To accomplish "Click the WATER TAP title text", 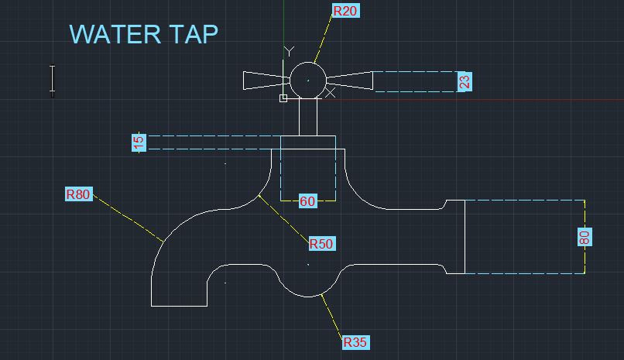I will (x=143, y=34).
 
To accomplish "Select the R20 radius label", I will (x=345, y=11).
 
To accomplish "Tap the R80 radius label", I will (x=78, y=194).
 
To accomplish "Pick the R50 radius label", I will (x=321, y=244).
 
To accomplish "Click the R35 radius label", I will (x=355, y=341).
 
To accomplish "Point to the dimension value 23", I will (x=464, y=82).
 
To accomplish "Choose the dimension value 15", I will (x=139, y=142).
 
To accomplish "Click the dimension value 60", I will (x=307, y=201).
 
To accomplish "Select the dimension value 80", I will (x=585, y=237).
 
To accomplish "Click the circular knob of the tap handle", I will (x=307, y=80).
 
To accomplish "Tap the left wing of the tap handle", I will (x=266, y=81).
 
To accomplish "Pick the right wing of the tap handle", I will (x=350, y=80).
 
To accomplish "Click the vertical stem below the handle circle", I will (x=308, y=116).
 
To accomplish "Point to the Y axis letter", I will (x=289, y=51).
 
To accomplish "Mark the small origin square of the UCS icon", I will (x=283, y=98).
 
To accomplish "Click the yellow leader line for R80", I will (x=128, y=218).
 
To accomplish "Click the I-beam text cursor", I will (x=53, y=80).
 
